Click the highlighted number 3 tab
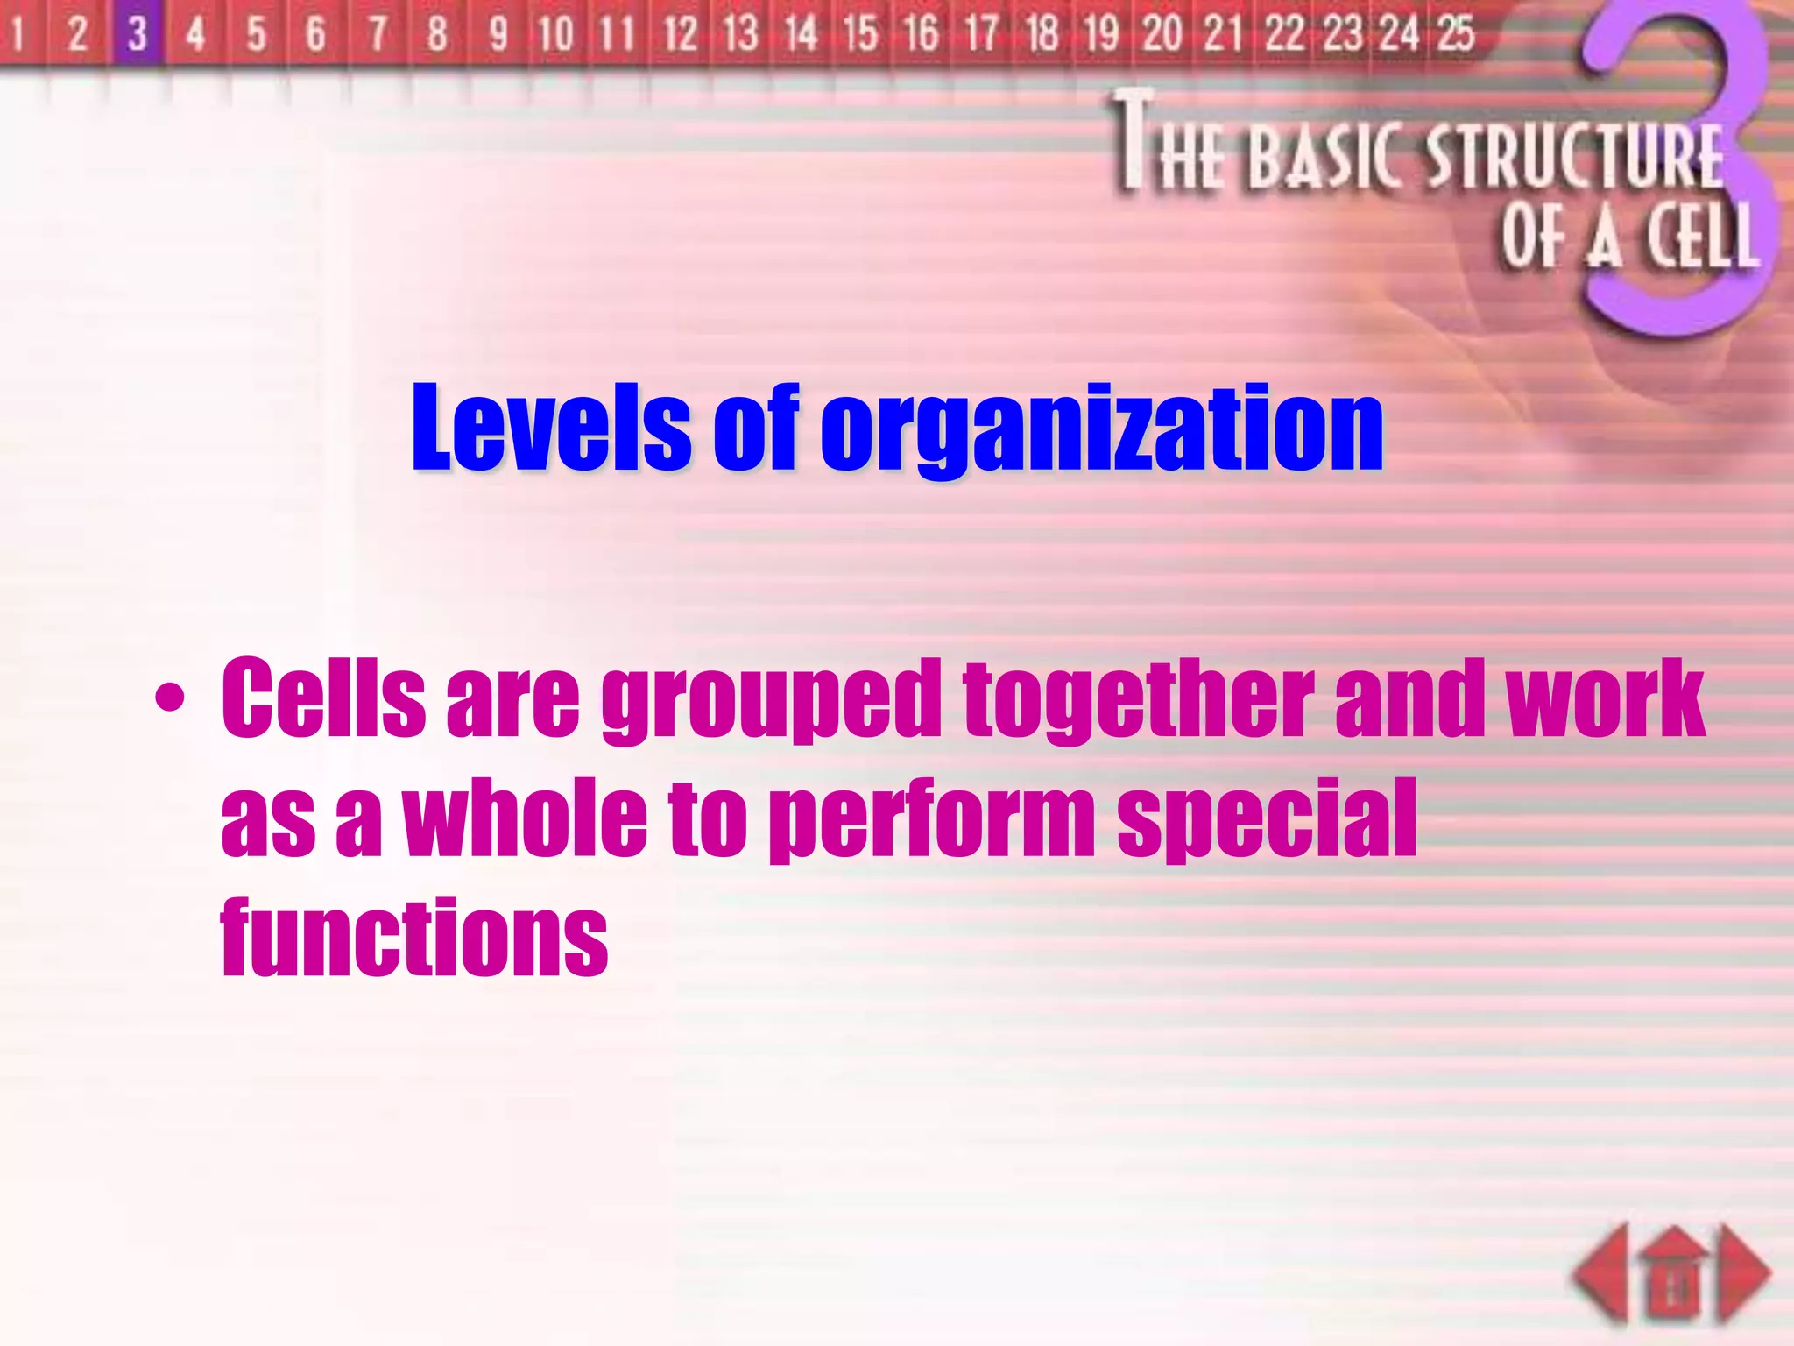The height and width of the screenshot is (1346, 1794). [138, 33]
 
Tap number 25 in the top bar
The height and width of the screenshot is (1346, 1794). [1456, 33]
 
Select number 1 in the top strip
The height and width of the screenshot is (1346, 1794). [18, 33]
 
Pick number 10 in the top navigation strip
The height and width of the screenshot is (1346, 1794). [555, 33]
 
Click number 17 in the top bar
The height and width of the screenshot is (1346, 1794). [981, 33]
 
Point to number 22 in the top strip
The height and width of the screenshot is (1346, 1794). [1285, 33]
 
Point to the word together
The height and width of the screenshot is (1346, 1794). [1139, 701]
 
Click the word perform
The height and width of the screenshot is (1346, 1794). [931, 819]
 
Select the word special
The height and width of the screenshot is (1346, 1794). [1268, 819]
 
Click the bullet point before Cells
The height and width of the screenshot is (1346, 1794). [169, 698]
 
